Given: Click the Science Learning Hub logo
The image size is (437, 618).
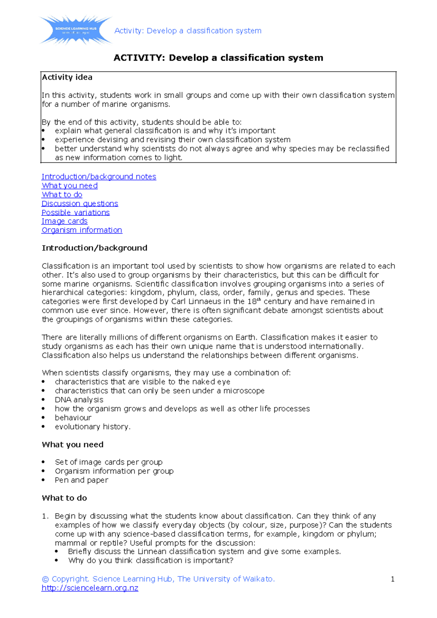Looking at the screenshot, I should tap(76, 30).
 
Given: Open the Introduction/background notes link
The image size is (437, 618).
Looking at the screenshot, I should tap(99, 177).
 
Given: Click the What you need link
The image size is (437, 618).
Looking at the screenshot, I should tap(70, 186).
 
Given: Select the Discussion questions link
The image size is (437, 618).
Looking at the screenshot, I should tap(80, 204).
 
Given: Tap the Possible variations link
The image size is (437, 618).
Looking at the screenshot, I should tap(75, 212).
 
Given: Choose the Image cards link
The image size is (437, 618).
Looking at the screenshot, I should tap(64, 221).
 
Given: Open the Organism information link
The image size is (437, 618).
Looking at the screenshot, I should tap(82, 230).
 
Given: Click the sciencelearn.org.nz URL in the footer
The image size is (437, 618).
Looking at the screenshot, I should tap(90, 588).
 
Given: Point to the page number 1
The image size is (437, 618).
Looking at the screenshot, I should tap(393, 579).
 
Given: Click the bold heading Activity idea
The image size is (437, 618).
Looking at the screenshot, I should tap(67, 77).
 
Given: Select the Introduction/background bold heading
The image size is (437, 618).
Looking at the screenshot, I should tap(94, 248).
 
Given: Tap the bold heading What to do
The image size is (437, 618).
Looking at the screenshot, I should tap(64, 498).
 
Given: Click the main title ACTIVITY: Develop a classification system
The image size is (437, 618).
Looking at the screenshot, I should tap(218, 58).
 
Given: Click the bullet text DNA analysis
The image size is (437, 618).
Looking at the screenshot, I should tap(79, 400).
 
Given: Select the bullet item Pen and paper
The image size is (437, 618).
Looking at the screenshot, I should tap(82, 480).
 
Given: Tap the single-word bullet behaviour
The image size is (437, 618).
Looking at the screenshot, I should tap(73, 418).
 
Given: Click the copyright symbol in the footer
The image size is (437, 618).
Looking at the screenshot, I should tap(45, 579).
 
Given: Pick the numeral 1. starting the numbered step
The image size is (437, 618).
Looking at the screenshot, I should tap(45, 516).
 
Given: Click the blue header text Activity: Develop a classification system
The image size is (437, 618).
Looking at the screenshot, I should tap(188, 31).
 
